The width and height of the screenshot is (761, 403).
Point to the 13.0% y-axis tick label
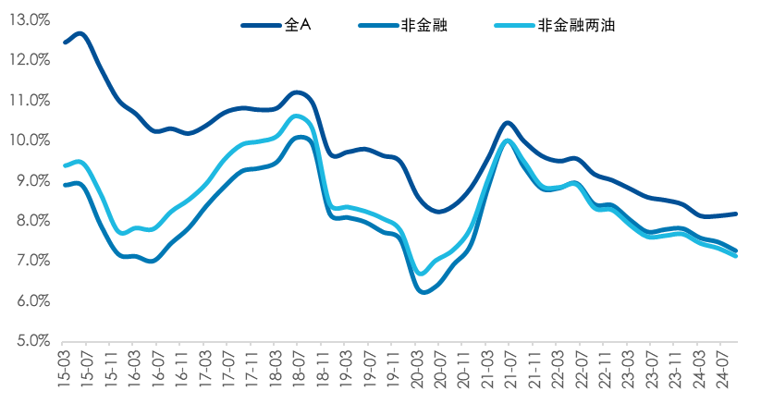pyautogui.click(x=31, y=19)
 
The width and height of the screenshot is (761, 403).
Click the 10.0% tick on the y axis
pyautogui.click(x=31, y=140)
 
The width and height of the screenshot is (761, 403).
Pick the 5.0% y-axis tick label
pyautogui.click(x=33, y=341)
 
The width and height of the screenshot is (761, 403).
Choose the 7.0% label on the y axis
pyautogui.click(x=33, y=261)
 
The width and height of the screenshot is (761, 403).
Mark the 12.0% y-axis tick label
pyautogui.click(x=31, y=60)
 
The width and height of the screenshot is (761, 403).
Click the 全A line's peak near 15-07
pyautogui.click(x=80, y=33)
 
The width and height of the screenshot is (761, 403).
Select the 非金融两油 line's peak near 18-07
pyautogui.click(x=297, y=116)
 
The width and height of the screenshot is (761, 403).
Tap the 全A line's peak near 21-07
pyautogui.click(x=507, y=122)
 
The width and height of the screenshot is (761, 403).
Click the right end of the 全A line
pyautogui.click(x=736, y=214)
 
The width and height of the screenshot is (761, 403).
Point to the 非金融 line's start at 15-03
pyautogui.click(x=66, y=185)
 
